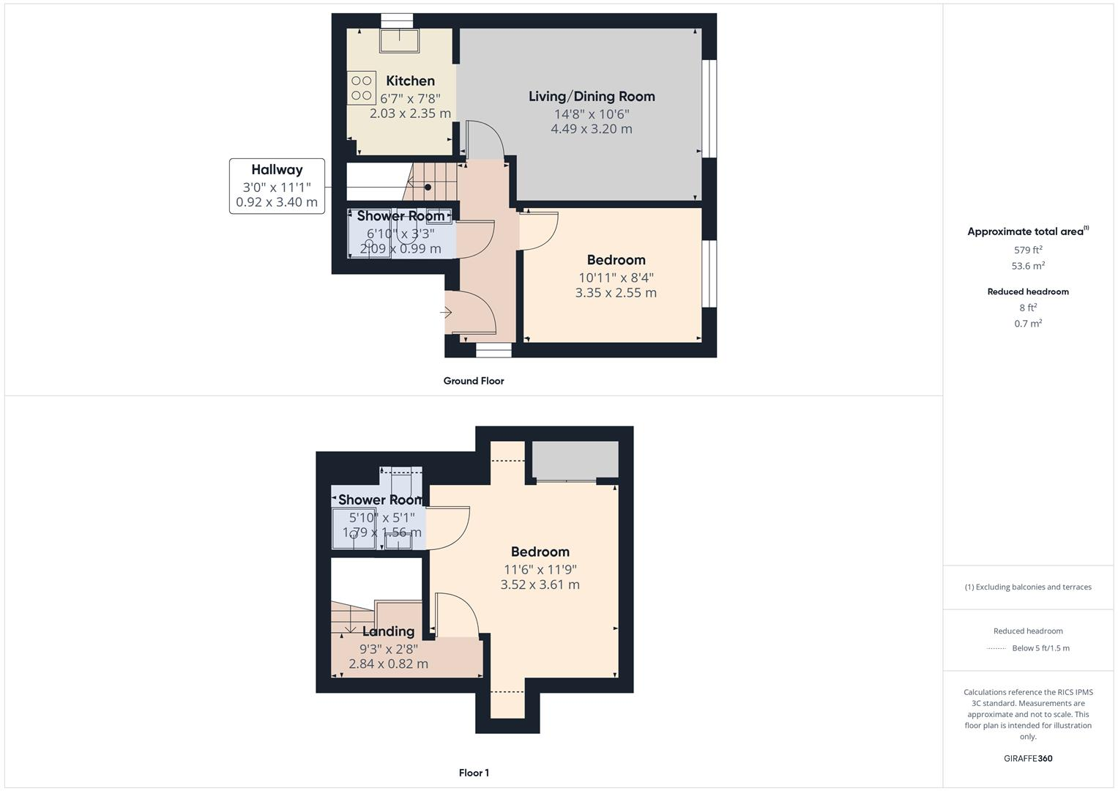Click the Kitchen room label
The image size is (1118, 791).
[x=410, y=81]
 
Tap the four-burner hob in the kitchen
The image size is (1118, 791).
[x=361, y=88]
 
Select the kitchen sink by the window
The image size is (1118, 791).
[x=399, y=40]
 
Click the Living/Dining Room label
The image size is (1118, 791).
[x=592, y=96]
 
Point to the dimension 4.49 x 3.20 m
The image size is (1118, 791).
[x=592, y=129]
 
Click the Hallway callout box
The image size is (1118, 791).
[x=277, y=186]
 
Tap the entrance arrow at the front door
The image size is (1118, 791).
[x=446, y=313]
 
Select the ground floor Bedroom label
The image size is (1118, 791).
[x=616, y=260]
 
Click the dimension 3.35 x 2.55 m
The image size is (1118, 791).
[x=616, y=293]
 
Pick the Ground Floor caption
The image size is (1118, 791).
[x=474, y=381]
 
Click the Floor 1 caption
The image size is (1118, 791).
[x=474, y=773]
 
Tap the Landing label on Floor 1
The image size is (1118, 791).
[x=388, y=631]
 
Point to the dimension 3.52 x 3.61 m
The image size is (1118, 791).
[x=540, y=584]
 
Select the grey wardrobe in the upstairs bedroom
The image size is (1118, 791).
[x=575, y=460]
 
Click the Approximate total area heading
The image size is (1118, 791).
[x=1027, y=231]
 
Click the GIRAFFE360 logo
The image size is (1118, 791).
[x=1028, y=758]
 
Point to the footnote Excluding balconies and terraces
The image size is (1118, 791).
[x=1028, y=587]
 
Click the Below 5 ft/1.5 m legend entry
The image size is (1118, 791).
[x=1040, y=648]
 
